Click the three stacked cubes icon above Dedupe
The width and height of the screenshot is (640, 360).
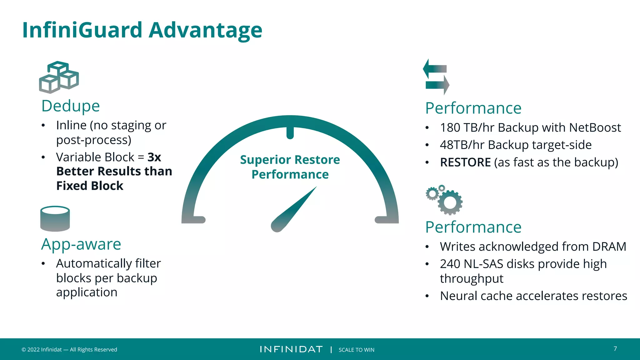pyautogui.click(x=59, y=77)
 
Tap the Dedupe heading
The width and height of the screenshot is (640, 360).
pyautogui.click(x=71, y=106)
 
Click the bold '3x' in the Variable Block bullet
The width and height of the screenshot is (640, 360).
pyautogui.click(x=154, y=157)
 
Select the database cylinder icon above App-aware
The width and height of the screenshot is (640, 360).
pyautogui.click(x=55, y=218)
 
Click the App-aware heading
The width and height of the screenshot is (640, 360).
pyautogui.click(x=81, y=244)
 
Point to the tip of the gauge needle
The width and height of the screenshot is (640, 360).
pyautogui.click(x=316, y=187)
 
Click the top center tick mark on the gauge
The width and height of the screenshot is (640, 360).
pyautogui.click(x=290, y=132)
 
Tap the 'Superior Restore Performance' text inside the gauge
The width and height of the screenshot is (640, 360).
pyautogui.click(x=290, y=167)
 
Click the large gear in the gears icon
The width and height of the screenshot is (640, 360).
pyautogui.click(x=450, y=203)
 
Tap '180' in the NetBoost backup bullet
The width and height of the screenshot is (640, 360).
pyautogui.click(x=450, y=127)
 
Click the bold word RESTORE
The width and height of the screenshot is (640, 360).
pyautogui.click(x=465, y=162)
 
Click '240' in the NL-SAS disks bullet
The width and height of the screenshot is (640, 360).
pyautogui.click(x=450, y=264)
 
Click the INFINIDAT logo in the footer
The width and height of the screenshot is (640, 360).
pyautogui.click(x=291, y=349)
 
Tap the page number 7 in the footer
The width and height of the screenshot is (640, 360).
pyautogui.click(x=615, y=349)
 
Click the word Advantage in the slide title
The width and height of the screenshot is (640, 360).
pyautogui.click(x=205, y=30)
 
